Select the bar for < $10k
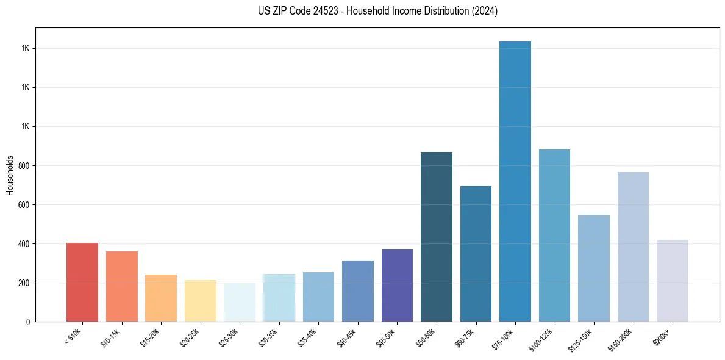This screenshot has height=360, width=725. tap(82, 282)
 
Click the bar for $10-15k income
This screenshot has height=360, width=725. tap(121, 286)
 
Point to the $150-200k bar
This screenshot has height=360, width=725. tap(633, 247)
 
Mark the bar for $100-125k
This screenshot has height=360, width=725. tap(554, 236)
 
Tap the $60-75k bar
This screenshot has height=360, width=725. tap(476, 254)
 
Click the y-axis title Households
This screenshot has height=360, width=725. tap(10, 175)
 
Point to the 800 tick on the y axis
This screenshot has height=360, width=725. tap(24, 165)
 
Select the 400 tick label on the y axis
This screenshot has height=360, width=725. tap(24, 243)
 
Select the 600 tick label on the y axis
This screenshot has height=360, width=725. tap(24, 204)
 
